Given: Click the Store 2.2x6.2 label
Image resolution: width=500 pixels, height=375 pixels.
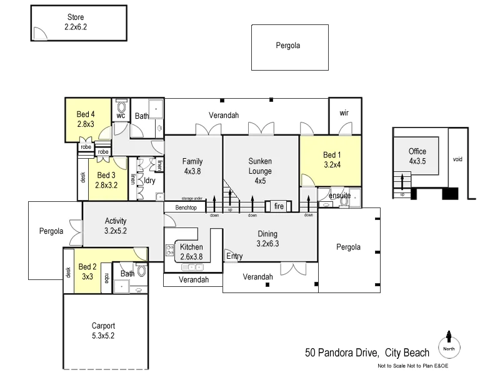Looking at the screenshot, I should click(77, 22).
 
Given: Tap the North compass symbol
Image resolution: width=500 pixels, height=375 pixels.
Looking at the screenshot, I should click(449, 345).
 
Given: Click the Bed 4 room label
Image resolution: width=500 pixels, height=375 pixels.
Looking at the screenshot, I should click(86, 119).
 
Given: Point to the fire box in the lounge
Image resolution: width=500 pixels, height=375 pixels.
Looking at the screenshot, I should click(279, 206).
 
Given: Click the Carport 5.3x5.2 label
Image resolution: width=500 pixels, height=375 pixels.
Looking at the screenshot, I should click(103, 331).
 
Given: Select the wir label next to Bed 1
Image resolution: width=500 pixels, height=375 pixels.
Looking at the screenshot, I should click(344, 113).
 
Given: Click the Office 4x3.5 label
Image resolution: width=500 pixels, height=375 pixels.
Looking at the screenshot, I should click(417, 156).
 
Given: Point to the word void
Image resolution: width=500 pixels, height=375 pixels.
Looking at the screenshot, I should click(457, 159).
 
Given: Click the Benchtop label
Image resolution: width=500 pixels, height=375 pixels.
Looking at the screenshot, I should click(185, 207).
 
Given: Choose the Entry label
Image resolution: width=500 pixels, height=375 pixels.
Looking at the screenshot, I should click(234, 256).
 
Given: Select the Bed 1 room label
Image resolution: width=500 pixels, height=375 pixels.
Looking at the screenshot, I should click(332, 160).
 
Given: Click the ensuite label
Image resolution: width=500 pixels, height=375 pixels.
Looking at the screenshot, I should click(339, 196).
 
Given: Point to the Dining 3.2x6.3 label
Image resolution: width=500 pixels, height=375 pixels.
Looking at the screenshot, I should click(267, 239).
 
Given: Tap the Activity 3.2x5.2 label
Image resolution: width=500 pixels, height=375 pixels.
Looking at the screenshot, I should click(116, 226).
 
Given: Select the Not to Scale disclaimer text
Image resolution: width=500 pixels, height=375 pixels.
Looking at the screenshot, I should click(412, 366).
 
